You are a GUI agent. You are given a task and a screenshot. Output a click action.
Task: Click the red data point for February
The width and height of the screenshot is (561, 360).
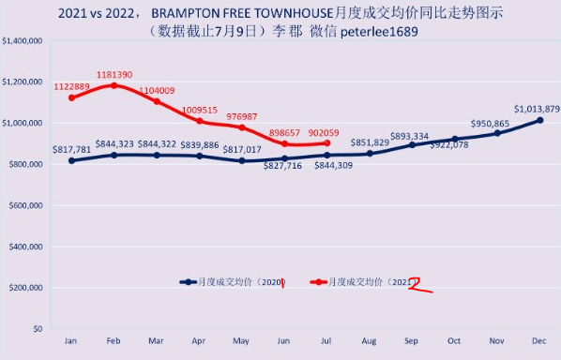click(x=114, y=85)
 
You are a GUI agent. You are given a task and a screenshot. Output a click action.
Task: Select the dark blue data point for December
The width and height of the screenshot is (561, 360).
click(x=539, y=121)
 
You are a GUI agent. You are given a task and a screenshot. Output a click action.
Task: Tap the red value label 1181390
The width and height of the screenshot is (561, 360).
click(x=114, y=75)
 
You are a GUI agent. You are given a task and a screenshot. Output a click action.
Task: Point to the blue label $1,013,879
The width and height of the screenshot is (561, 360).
click(x=537, y=109)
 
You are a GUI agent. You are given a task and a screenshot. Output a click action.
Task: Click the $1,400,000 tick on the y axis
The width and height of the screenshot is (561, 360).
click(x=23, y=41)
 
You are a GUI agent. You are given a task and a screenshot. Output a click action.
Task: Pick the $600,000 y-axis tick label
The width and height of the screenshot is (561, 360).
click(x=25, y=205)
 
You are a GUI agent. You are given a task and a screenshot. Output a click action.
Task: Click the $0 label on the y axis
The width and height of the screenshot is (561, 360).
click(x=38, y=329)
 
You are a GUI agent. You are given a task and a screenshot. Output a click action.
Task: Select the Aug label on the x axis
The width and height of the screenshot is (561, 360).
click(x=369, y=341)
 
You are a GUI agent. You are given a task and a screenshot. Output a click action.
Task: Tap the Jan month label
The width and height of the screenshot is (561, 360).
click(x=71, y=340)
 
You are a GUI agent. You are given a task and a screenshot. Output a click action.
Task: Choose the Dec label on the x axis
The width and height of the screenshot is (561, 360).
click(x=539, y=340)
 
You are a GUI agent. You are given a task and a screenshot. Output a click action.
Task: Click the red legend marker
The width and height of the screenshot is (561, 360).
click(x=318, y=282)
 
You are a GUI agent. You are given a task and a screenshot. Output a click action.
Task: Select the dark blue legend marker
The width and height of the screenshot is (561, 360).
click(x=189, y=282)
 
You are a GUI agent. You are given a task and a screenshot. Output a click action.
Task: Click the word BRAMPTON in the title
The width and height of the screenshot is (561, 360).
click(x=185, y=13)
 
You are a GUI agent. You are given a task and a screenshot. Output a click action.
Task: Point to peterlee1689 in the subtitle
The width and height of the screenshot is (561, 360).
click(x=379, y=32)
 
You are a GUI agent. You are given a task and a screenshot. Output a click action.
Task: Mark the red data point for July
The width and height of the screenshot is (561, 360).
click(x=326, y=143)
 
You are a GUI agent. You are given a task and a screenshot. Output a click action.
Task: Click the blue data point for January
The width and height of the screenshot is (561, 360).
click(x=71, y=161)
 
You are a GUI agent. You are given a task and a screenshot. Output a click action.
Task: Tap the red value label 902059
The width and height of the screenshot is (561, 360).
click(x=324, y=133)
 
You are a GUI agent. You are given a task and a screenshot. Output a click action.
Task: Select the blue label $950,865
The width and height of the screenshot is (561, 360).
click(x=490, y=124)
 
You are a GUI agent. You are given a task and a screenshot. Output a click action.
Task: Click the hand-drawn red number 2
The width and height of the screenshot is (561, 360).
click(x=419, y=285)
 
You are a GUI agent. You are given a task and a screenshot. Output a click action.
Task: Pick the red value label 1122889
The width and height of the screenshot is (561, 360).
click(x=71, y=87)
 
